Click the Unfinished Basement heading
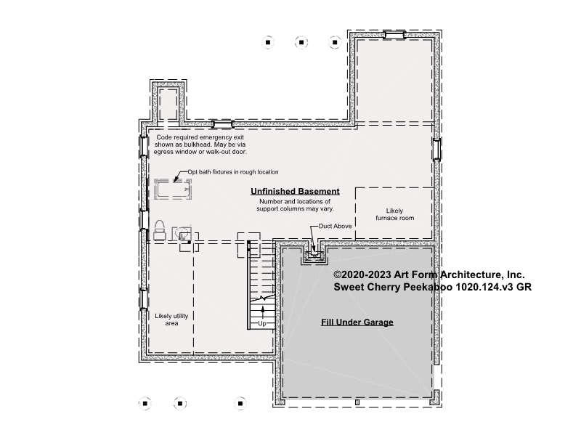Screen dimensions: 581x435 [x=295, y=191]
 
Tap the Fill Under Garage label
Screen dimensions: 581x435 [x=357, y=322]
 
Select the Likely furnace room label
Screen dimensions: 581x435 [x=394, y=214]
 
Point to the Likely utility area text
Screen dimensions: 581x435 [x=171, y=320]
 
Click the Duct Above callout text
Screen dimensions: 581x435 [x=335, y=226]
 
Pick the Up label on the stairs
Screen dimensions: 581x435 [x=262, y=323]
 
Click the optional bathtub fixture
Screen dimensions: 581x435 [x=173, y=190]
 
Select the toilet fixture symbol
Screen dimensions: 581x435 [x=159, y=230]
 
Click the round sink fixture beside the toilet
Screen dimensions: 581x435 [x=182, y=234]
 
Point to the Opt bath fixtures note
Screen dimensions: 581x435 [x=232, y=172]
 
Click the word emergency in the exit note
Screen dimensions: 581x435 [x=216, y=137]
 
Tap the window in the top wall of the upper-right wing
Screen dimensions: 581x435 [x=394, y=35]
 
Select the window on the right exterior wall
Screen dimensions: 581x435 [x=437, y=150]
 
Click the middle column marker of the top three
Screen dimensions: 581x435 [x=301, y=42]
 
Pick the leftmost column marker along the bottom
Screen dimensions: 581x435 [x=145, y=403]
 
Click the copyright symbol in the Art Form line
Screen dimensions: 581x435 [x=337, y=275]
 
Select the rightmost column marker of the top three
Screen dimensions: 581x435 [x=335, y=42]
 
